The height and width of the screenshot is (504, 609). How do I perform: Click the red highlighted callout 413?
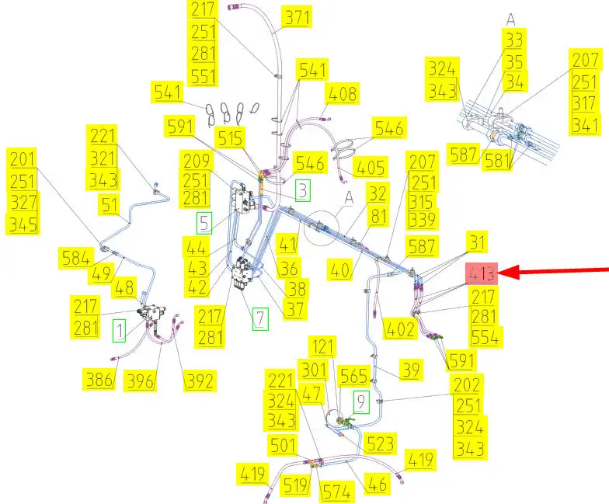(480, 273)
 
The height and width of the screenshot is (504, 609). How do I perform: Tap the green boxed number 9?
(361, 401)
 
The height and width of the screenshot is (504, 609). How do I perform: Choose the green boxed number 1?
(119, 331)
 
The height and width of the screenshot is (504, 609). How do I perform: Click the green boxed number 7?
(259, 318)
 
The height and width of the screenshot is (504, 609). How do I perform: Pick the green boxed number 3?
(303, 189)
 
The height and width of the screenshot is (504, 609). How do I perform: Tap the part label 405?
(371, 168)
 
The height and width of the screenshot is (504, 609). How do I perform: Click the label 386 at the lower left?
(99, 380)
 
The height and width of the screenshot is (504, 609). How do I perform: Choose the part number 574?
(337, 491)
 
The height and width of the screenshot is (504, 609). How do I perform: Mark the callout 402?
(400, 328)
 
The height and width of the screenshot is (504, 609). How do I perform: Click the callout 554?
(486, 336)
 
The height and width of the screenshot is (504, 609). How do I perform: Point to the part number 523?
(380, 443)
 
